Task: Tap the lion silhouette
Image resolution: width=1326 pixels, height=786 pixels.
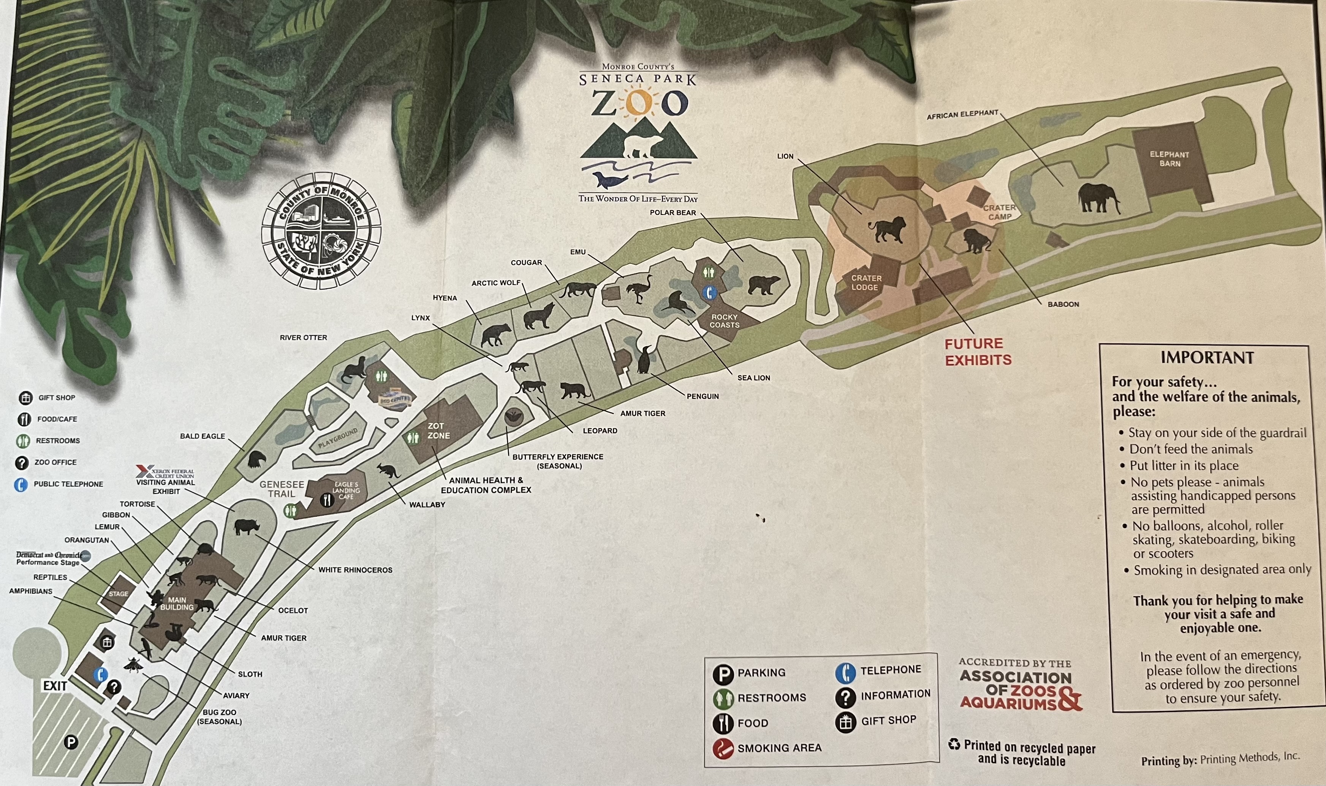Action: (x=886, y=229)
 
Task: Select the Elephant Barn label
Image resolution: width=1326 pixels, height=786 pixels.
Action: (x=1169, y=159)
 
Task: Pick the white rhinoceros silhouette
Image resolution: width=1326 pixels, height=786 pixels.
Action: (x=246, y=527)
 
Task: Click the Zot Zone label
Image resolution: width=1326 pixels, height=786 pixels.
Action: (x=438, y=430)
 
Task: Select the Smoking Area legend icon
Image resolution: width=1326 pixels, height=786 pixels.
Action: (x=723, y=748)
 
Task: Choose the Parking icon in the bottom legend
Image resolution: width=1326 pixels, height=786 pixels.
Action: (x=723, y=673)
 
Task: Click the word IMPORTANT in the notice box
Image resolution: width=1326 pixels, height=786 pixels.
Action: (x=1207, y=357)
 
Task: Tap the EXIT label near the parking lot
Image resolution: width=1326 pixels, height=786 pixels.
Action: (x=55, y=686)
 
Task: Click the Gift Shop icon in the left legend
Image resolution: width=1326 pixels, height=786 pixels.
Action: (x=25, y=398)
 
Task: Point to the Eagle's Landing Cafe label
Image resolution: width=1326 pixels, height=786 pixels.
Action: (x=346, y=490)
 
